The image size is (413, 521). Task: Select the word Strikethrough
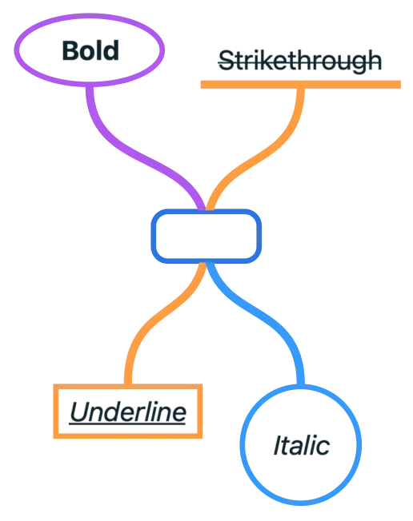point(300,60)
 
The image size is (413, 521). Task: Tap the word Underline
point(128,412)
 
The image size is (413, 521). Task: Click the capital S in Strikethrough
point(225,60)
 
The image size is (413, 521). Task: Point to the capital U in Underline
point(78,412)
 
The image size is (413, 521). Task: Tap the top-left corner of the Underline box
point(54,386)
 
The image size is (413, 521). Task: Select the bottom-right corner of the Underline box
point(202,438)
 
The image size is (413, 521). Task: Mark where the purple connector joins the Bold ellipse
point(90,83)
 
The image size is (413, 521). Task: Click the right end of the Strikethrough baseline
point(401,83)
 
